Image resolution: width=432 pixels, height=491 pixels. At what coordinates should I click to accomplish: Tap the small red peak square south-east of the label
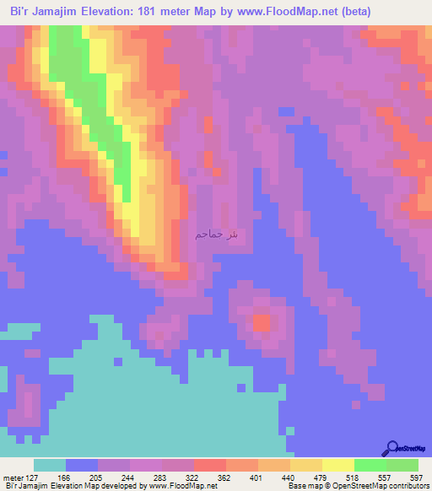[261, 322]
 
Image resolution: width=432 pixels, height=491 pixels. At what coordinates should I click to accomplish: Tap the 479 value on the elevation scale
[305, 477]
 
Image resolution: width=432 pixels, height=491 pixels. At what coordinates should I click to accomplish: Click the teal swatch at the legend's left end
[50, 465]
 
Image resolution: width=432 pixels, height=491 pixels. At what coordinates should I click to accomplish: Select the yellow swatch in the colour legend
[337, 465]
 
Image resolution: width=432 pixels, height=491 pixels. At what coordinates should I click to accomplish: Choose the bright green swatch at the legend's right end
[402, 465]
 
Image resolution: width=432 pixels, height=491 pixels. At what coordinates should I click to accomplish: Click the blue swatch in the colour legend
[82, 465]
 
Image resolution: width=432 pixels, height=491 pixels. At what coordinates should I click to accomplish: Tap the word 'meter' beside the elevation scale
[13, 477]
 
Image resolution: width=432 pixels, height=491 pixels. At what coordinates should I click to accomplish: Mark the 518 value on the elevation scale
[340, 477]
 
